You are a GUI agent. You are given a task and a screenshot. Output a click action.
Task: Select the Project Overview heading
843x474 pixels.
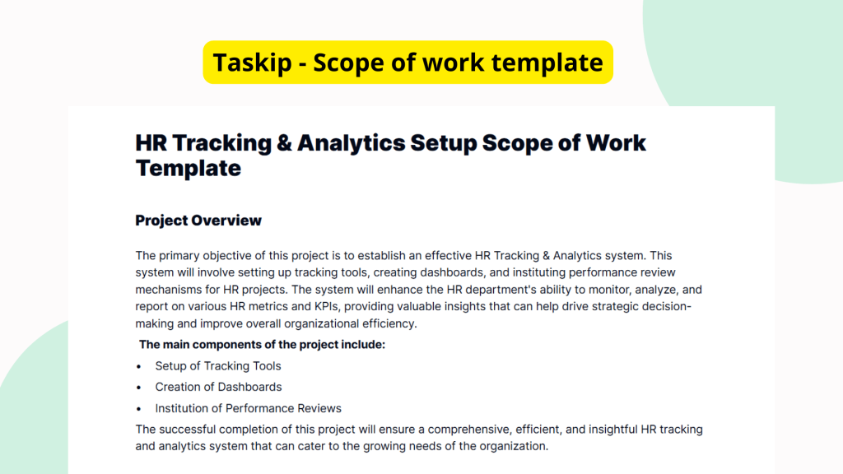click(x=198, y=221)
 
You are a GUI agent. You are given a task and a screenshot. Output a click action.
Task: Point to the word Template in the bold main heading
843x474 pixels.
click(x=189, y=168)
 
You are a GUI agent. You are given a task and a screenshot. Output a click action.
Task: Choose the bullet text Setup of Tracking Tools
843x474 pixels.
click(x=218, y=365)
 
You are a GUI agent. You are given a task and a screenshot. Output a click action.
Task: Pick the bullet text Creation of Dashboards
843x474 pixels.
click(x=218, y=387)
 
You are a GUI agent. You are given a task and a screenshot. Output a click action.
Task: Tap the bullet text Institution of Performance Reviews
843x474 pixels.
click(x=248, y=408)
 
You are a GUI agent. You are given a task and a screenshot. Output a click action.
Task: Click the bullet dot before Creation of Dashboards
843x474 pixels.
click(x=138, y=387)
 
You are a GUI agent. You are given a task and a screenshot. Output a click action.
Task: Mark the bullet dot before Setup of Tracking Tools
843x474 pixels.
click(x=138, y=365)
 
